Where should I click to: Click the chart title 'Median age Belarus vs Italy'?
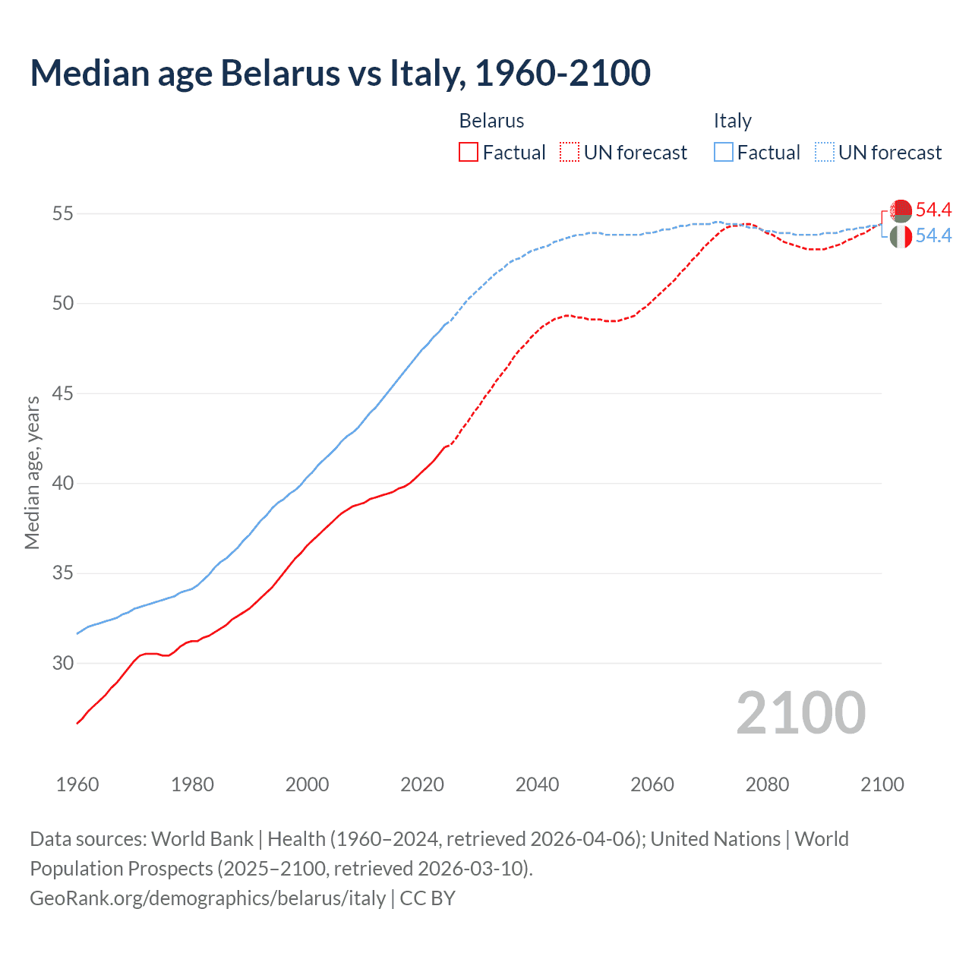click(339, 74)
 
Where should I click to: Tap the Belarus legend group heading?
click(491, 121)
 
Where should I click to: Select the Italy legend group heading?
click(732, 121)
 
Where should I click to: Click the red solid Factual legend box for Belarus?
click(469, 153)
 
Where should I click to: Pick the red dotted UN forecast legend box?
click(570, 153)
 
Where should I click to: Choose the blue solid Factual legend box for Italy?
click(724, 153)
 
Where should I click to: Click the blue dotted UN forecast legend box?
click(825, 153)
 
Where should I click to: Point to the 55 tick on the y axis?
click(63, 214)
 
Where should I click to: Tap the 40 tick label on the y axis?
click(63, 484)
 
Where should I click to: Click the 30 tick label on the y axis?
click(63, 664)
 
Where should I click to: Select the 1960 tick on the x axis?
click(77, 784)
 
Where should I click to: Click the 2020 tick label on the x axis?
click(422, 784)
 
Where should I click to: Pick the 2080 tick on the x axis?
click(767, 784)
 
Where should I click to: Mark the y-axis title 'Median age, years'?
click(32, 472)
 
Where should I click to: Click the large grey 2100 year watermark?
click(800, 713)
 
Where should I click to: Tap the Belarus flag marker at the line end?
click(901, 210)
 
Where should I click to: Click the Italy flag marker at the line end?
click(901, 237)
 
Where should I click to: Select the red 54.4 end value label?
click(933, 210)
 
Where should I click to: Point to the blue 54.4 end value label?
click(933, 236)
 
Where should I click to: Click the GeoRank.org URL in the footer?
click(207, 898)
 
